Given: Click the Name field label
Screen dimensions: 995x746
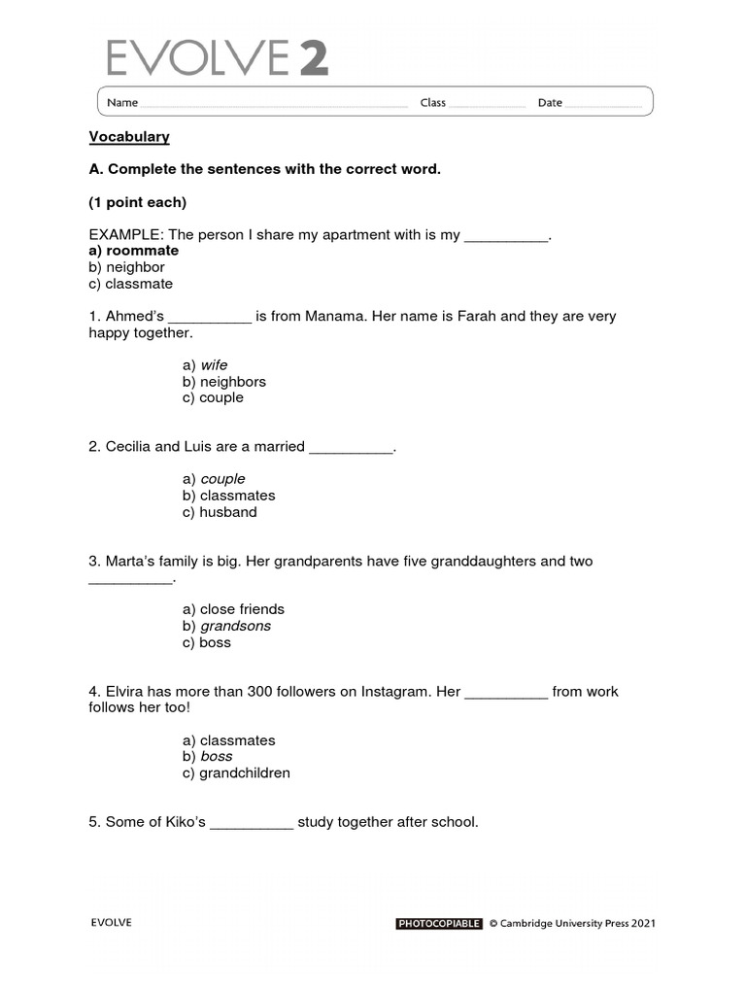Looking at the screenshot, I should (x=121, y=103).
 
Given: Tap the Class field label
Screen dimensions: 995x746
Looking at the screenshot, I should (x=432, y=103).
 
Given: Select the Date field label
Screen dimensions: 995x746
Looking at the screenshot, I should (x=550, y=103).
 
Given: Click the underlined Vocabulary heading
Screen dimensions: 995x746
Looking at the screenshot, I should (x=129, y=137).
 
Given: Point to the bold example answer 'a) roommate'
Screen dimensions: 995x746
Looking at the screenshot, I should (x=134, y=251).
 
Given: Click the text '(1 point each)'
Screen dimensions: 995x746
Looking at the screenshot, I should (x=137, y=202).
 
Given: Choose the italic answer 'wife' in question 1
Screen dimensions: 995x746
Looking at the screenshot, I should (x=214, y=365).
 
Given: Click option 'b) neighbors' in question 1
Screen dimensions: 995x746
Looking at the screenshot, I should (x=223, y=382).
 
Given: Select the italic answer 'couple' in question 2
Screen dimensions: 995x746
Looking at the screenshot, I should (x=222, y=479).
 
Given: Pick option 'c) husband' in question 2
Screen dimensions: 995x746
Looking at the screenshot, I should (x=220, y=512).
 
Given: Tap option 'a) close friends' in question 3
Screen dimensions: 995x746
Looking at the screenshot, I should (x=233, y=609).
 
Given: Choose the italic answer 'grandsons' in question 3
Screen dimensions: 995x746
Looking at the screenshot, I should (x=235, y=626).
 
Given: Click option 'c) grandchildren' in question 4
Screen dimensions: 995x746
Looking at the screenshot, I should (x=236, y=773).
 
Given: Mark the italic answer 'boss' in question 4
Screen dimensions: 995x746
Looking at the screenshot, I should (x=217, y=756).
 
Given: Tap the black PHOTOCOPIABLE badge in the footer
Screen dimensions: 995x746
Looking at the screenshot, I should (x=439, y=924).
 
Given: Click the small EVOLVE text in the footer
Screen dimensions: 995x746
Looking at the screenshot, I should (x=111, y=923).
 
